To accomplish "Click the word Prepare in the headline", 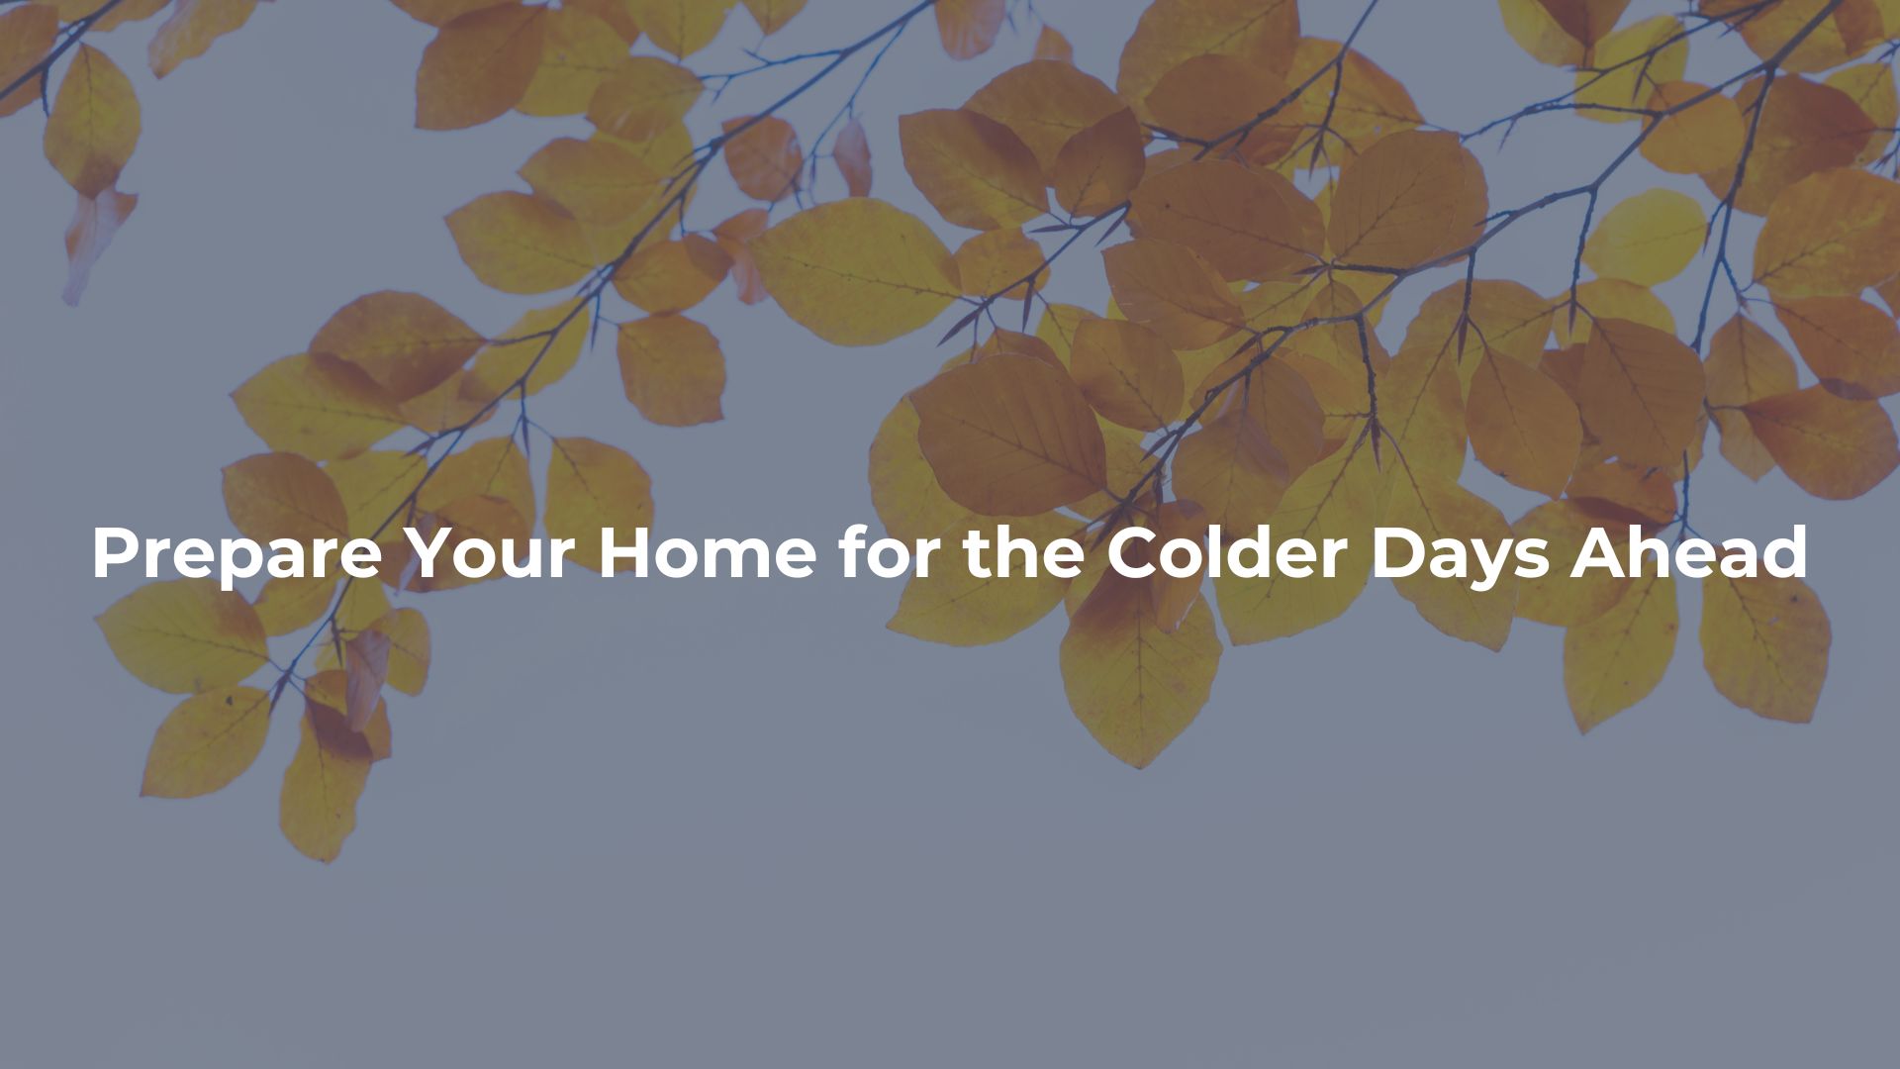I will click(237, 555).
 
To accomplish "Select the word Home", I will click(707, 553).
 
